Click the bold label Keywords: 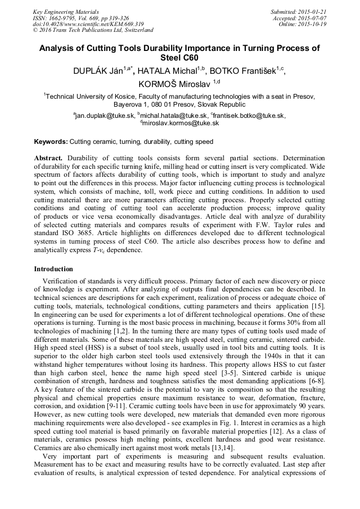(x=51, y=142)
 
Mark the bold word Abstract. (x=48, y=158)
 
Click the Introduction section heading (x=54, y=269)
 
